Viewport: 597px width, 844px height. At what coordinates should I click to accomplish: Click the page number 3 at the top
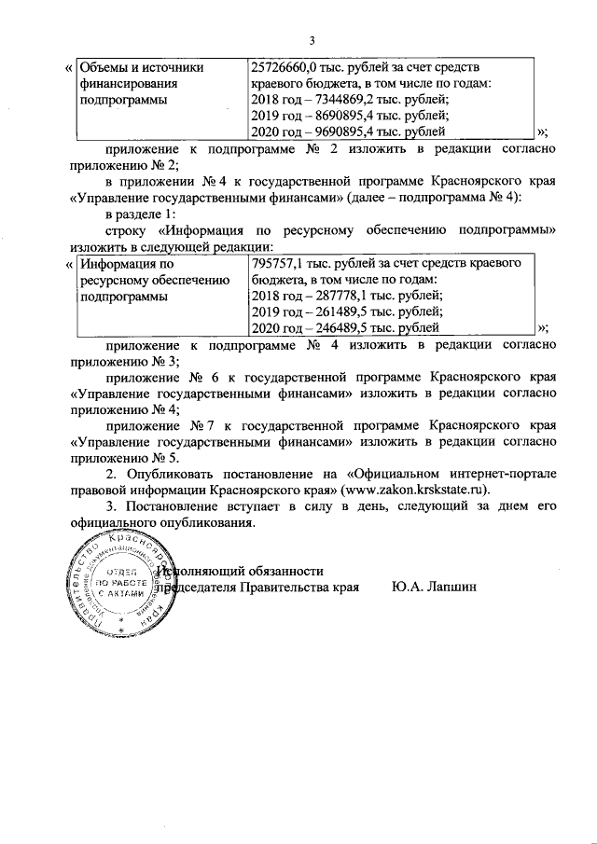pos(313,39)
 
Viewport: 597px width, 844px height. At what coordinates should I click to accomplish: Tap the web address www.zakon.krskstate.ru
pos(416,489)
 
